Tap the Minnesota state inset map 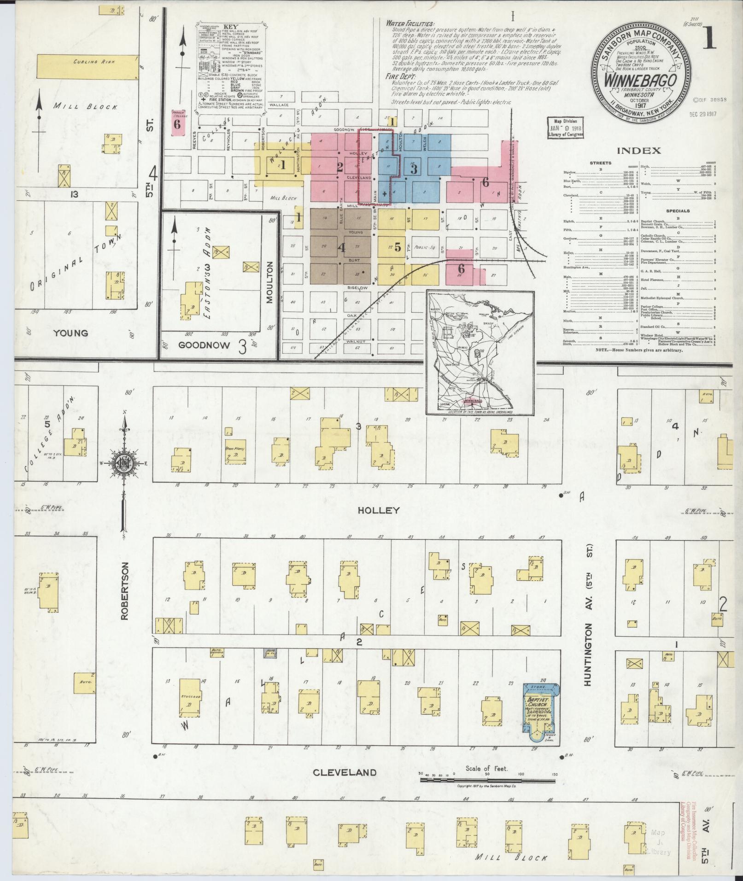point(480,352)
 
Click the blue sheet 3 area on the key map point(414,169)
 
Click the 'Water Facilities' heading point(410,23)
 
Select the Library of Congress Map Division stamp point(565,128)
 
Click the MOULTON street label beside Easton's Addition point(270,289)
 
